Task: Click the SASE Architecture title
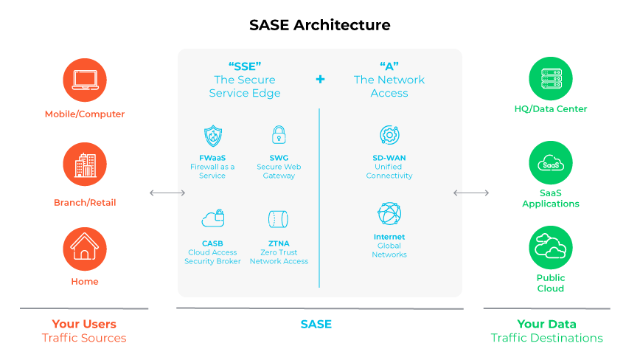pos(319,25)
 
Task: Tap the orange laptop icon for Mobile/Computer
pos(85,80)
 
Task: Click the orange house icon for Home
pos(85,249)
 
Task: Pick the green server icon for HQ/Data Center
pos(551,80)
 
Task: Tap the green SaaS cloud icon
pos(551,164)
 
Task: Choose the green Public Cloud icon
pos(551,247)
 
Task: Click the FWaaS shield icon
pos(212,136)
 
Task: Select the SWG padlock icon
pos(278,135)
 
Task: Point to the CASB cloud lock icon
pos(212,218)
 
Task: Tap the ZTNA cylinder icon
pos(278,219)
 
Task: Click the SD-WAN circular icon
pos(389,135)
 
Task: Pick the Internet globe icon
pos(389,214)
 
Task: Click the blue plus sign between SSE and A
pos(320,79)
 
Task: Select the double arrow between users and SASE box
pos(167,193)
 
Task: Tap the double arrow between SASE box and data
pos(470,193)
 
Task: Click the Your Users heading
pos(84,324)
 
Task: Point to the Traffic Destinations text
pos(546,338)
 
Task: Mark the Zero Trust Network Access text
pos(279,257)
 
